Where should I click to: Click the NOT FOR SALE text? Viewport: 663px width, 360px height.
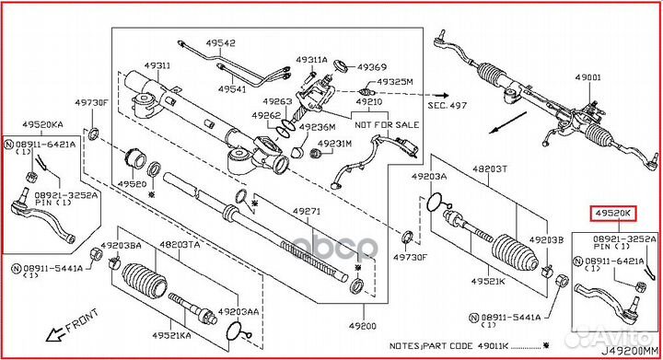388,122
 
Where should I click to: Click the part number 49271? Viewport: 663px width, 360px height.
308,212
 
